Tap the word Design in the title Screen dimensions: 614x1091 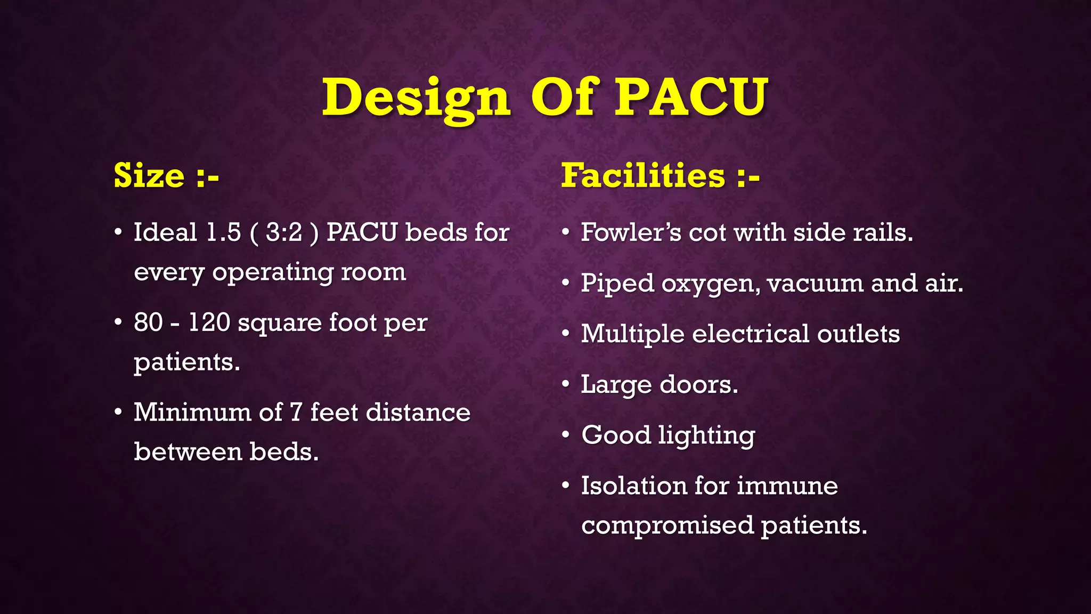(x=416, y=98)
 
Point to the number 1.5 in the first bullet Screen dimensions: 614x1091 (x=223, y=232)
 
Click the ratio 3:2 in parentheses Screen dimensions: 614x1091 (x=284, y=232)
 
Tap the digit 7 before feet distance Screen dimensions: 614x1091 (x=296, y=413)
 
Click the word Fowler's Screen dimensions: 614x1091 (x=631, y=232)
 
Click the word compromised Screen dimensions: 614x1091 (x=667, y=526)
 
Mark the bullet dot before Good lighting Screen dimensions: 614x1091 (x=566, y=435)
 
